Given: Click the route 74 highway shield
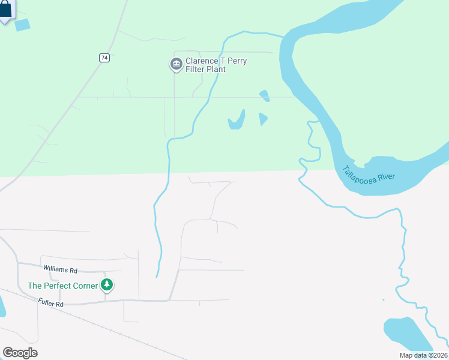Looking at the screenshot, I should coord(104,58).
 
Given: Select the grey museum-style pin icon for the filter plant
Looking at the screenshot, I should coord(176,64).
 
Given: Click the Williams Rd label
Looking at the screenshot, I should coord(60,269).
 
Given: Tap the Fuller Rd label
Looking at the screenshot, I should coord(50,304).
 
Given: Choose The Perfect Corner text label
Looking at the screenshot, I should coord(62,286).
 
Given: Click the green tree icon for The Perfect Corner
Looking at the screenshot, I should coord(107,285).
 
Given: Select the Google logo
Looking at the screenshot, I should coord(20,352).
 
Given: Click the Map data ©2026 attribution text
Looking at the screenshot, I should coord(423,355).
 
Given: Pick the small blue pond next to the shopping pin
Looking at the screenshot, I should coord(22,25).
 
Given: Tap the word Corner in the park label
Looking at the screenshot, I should coord(86,286).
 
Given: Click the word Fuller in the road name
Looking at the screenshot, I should coord(46,303).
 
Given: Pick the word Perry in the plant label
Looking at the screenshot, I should coord(235,61).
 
